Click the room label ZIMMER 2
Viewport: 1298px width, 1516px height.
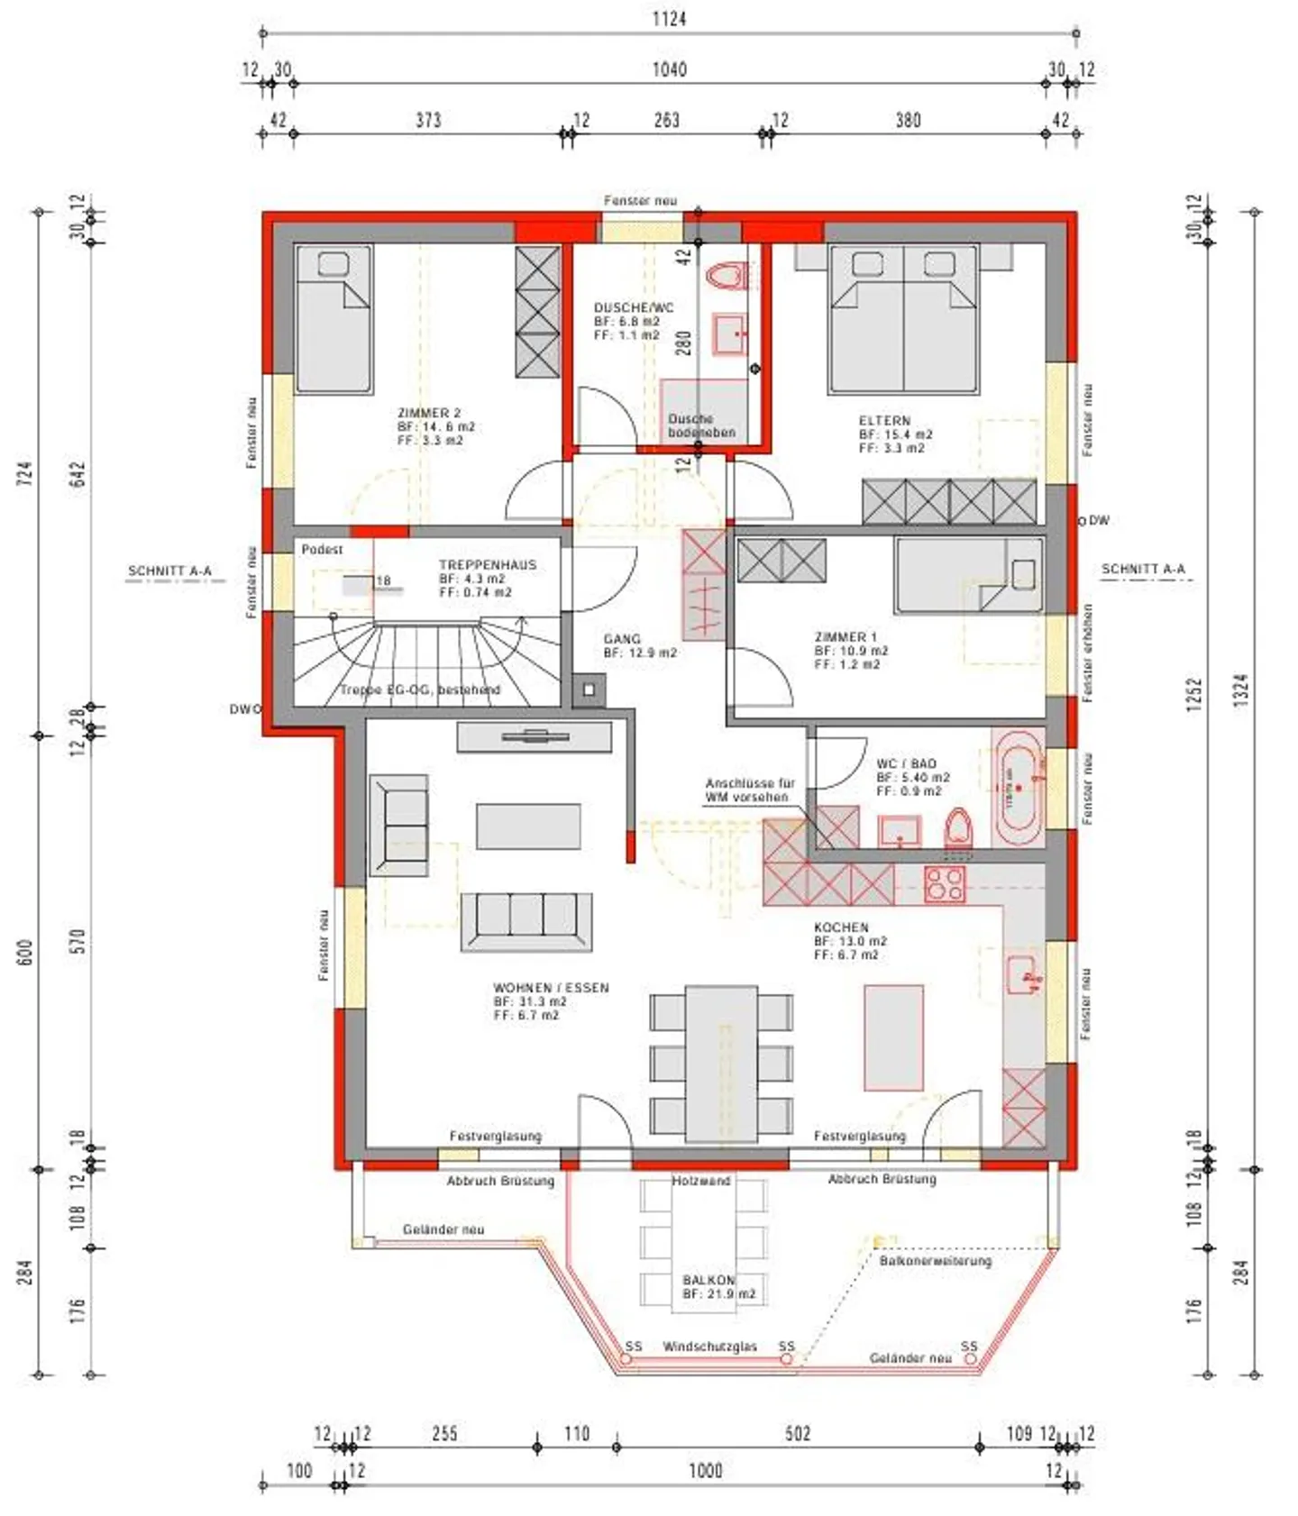(429, 413)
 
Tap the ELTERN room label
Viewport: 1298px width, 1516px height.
(884, 420)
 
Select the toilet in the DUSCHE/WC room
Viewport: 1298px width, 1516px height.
(728, 275)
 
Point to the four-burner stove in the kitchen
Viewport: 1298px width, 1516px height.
(945, 884)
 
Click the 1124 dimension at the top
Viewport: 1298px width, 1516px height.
(669, 18)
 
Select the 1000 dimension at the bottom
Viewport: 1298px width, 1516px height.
(705, 1470)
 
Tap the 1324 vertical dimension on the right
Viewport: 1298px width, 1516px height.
(1241, 691)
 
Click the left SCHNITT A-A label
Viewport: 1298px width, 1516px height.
(169, 571)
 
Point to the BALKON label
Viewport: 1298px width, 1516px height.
(708, 1280)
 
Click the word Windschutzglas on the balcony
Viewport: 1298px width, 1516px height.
(709, 1347)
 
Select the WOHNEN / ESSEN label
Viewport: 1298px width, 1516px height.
(551, 988)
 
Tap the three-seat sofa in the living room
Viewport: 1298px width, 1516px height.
(526, 920)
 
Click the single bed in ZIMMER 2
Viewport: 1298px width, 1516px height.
(334, 319)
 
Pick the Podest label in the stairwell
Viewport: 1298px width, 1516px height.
(322, 549)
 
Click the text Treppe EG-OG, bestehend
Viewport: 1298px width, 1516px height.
(419, 690)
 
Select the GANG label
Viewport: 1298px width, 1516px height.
(622, 638)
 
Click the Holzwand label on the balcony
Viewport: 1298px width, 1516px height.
(700, 1181)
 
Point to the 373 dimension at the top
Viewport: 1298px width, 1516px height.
(428, 120)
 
